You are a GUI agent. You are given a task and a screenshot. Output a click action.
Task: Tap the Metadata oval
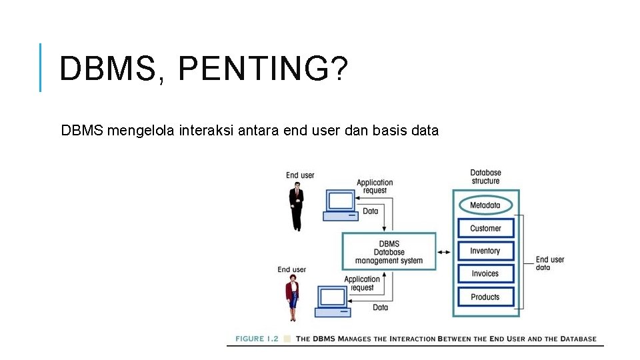(485, 205)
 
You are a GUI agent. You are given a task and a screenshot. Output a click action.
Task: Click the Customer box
(485, 228)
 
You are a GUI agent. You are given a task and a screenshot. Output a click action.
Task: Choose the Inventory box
(485, 251)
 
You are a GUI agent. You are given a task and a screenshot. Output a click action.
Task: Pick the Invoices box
(485, 273)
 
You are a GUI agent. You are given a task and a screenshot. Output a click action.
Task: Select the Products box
(485, 297)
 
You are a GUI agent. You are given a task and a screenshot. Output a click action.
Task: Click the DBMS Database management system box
(389, 252)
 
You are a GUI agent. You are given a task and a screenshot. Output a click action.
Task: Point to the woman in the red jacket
(292, 298)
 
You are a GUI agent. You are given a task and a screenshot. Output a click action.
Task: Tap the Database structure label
(485, 177)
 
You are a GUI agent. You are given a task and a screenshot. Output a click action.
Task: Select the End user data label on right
(549, 263)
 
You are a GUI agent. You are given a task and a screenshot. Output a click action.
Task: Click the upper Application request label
(375, 186)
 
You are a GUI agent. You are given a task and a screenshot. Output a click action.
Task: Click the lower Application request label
(362, 283)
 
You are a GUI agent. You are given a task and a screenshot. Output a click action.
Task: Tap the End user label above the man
(300, 175)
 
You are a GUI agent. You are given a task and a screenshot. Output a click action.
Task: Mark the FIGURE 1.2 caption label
(257, 339)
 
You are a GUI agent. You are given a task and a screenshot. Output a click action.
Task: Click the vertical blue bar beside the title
(41, 67)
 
